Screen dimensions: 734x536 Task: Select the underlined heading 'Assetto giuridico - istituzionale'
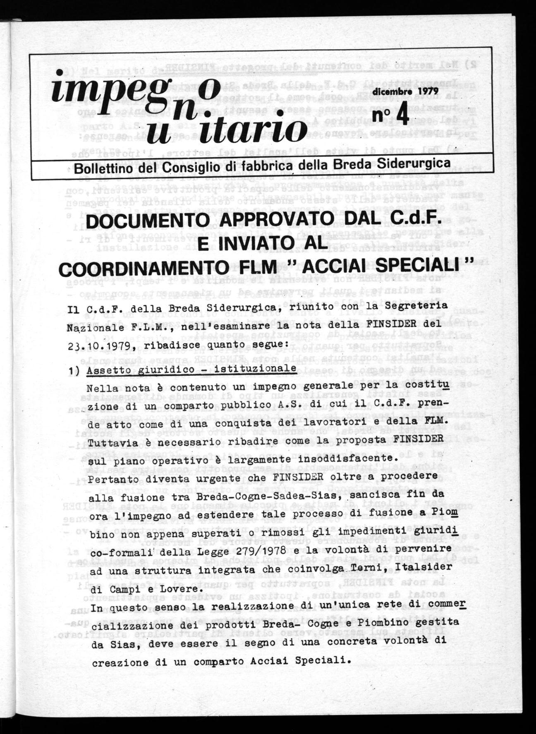tap(191, 369)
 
